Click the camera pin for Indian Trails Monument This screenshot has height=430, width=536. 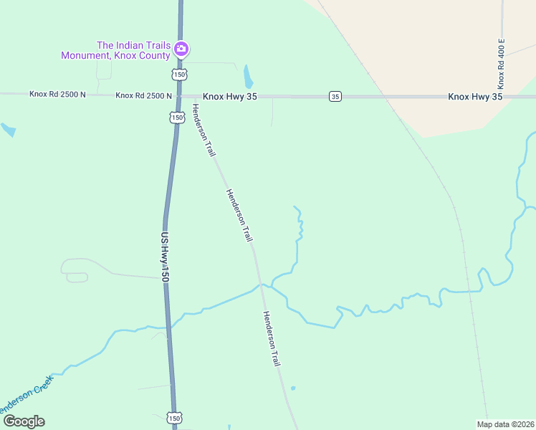tap(181, 49)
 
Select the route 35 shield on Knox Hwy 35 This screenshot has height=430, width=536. tap(335, 96)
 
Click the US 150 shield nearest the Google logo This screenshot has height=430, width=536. tap(175, 417)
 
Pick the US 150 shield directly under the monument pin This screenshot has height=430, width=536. tap(179, 75)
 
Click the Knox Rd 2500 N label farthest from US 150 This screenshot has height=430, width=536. tap(57, 94)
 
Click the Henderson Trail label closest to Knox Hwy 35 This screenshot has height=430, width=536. tap(204, 130)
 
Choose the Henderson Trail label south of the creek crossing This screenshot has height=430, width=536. tap(271, 339)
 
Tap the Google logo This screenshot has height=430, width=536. tap(24, 421)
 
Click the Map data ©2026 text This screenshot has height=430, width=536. tap(506, 424)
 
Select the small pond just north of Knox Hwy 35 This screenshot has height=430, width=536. tap(248, 75)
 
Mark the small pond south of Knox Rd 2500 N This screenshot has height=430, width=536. tap(8, 130)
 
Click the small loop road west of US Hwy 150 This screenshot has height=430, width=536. tap(75, 277)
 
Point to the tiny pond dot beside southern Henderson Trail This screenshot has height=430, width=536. tap(293, 388)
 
